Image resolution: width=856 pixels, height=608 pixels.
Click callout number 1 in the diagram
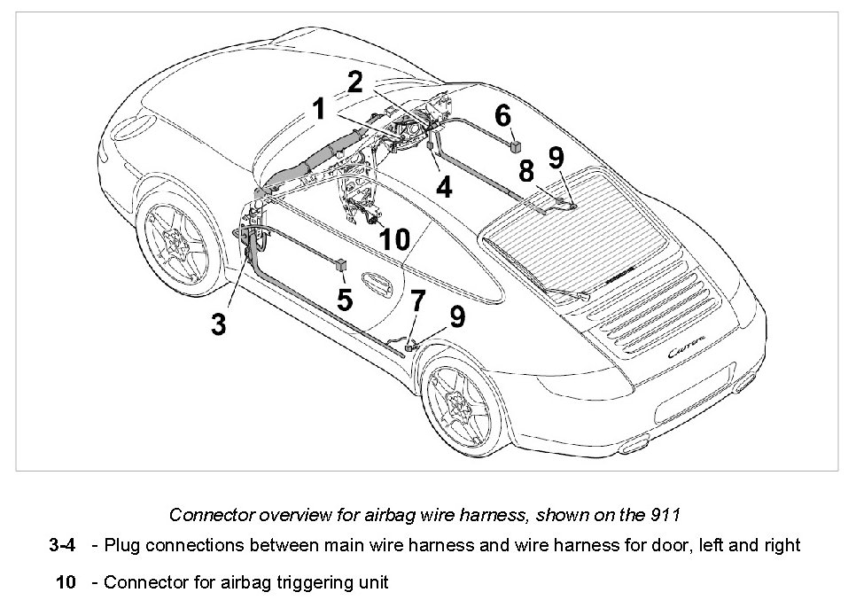point(318,110)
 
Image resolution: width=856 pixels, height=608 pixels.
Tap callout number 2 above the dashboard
point(354,82)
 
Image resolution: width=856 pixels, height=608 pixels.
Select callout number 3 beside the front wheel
point(218,323)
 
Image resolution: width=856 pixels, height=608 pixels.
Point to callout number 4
point(443,187)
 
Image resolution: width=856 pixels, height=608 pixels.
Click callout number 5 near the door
point(344,300)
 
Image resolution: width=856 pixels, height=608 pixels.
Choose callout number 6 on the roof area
point(502,115)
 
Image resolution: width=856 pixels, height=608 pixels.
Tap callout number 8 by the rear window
point(526,171)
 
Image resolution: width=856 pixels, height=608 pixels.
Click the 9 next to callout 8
point(556,158)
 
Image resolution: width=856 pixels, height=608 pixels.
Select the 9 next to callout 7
point(457,316)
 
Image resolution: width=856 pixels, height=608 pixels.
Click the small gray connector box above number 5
point(342,263)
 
